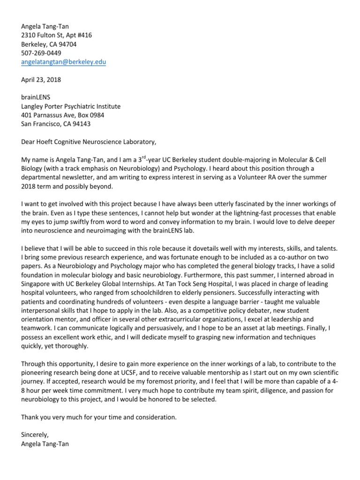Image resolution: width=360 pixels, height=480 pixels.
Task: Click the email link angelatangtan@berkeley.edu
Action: coord(64,62)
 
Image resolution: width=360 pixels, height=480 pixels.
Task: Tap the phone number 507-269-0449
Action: coord(41,53)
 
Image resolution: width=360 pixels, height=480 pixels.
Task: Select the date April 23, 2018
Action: coord(41,80)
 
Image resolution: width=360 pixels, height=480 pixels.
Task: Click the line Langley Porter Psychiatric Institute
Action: coord(71,106)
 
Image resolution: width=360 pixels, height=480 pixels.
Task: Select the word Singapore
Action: coord(37,285)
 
